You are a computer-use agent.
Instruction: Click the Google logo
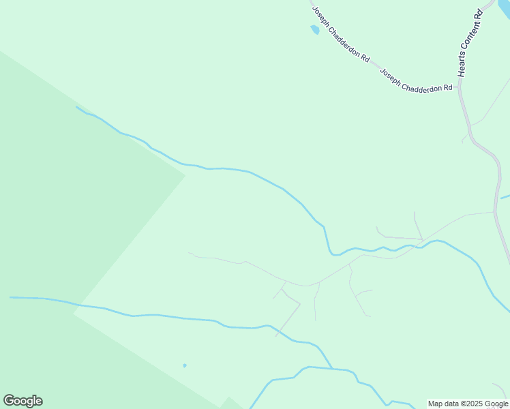[x=22, y=401]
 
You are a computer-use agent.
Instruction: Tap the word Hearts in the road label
[x=462, y=65]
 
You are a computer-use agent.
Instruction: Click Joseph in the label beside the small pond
[x=320, y=18]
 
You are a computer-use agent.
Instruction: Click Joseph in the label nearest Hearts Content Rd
[x=389, y=76]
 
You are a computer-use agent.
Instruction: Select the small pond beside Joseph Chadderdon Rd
[x=314, y=29]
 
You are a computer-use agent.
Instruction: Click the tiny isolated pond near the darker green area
[x=185, y=365]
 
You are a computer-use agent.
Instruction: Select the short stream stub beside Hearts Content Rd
[x=505, y=198]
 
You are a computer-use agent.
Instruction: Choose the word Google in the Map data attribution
[x=496, y=404]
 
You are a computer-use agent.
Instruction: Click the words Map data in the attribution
[x=442, y=404]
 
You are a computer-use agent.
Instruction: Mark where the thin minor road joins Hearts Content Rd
[x=494, y=211]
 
